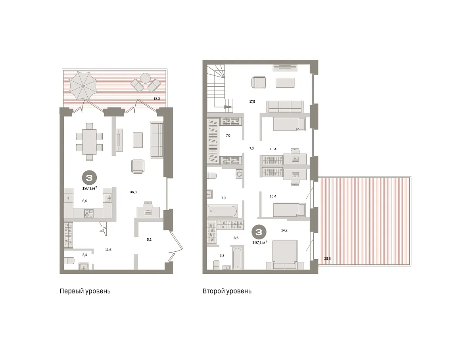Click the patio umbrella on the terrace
point(83,86)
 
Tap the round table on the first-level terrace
point(145,79)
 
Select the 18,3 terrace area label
point(157,99)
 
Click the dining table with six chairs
point(89,142)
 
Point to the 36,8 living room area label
point(133,192)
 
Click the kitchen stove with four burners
point(89,213)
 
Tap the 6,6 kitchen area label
point(84,201)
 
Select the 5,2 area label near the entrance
point(149,239)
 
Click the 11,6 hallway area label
point(108,250)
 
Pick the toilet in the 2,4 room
point(69,260)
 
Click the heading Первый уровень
point(85,291)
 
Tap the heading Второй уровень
point(227,291)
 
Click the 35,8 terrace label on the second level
point(328,259)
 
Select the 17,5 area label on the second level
point(252,101)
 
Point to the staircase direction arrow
point(228,107)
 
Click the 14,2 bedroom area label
point(284,230)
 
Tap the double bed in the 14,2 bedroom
point(285,254)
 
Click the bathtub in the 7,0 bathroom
point(222,211)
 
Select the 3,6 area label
point(236,238)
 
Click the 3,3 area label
point(222,256)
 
